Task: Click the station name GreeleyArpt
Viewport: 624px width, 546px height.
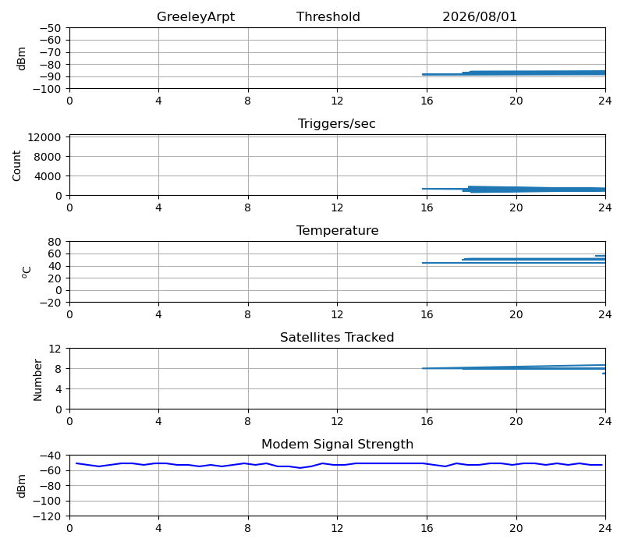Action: coord(196,17)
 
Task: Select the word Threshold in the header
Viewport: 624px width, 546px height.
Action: coord(328,16)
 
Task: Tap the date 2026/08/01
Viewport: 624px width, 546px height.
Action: coord(480,16)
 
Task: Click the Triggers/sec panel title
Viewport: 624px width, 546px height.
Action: coord(337,124)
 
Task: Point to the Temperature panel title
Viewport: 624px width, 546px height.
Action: coord(337,230)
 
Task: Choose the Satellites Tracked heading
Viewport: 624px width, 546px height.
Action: coord(337,337)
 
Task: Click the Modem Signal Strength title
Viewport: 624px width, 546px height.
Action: coord(337,444)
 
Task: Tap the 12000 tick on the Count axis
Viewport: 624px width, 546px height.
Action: coord(44,137)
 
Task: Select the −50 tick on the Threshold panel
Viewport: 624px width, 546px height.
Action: coord(50,28)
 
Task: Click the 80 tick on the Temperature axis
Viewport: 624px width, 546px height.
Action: coord(55,242)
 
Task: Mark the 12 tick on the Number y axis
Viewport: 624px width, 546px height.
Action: coord(55,349)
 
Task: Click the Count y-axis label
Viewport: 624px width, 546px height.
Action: coord(16,165)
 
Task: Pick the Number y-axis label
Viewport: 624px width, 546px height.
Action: coord(37,380)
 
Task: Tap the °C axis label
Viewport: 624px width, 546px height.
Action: coord(27,272)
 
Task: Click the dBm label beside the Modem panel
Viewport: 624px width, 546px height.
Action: coord(22,486)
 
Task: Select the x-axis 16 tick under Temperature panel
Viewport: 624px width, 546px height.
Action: coord(427,315)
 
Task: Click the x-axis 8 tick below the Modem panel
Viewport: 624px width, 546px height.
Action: coord(247,529)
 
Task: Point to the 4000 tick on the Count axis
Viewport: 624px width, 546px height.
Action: coord(48,176)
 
